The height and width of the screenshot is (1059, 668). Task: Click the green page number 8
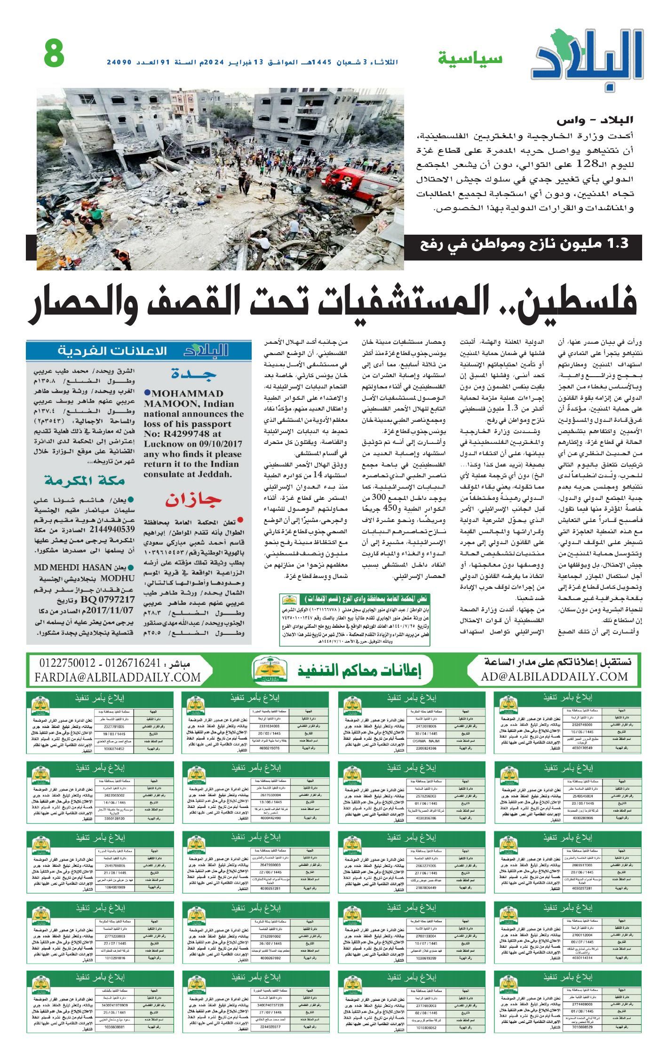pyautogui.click(x=54, y=54)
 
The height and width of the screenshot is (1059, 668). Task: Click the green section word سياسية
pyautogui.click(x=470, y=59)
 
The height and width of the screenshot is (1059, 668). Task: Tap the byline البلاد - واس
pyautogui.click(x=595, y=121)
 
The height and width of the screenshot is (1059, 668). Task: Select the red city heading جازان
pyautogui.click(x=193, y=500)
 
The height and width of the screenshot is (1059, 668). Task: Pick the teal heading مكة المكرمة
pyautogui.click(x=85, y=481)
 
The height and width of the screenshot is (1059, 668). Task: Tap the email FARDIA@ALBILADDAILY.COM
pyautogui.click(x=118, y=677)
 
